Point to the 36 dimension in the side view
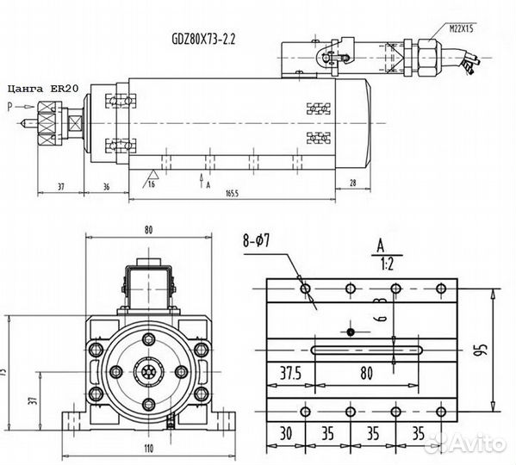click(106, 186)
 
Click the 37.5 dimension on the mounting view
click(289, 375)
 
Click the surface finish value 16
click(152, 183)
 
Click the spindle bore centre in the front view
click(148, 372)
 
